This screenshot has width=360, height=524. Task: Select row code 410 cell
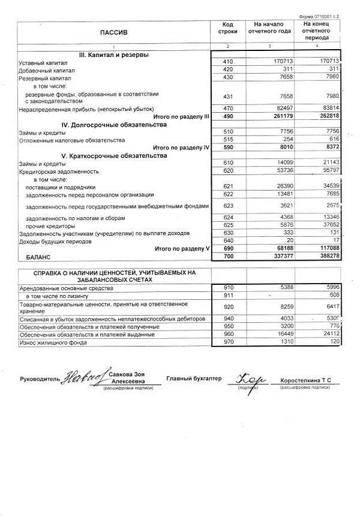coord(227,62)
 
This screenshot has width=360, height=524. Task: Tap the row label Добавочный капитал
coord(47,70)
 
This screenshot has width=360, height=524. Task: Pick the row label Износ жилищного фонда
coord(52,343)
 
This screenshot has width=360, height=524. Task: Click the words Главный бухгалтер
coord(194,378)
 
